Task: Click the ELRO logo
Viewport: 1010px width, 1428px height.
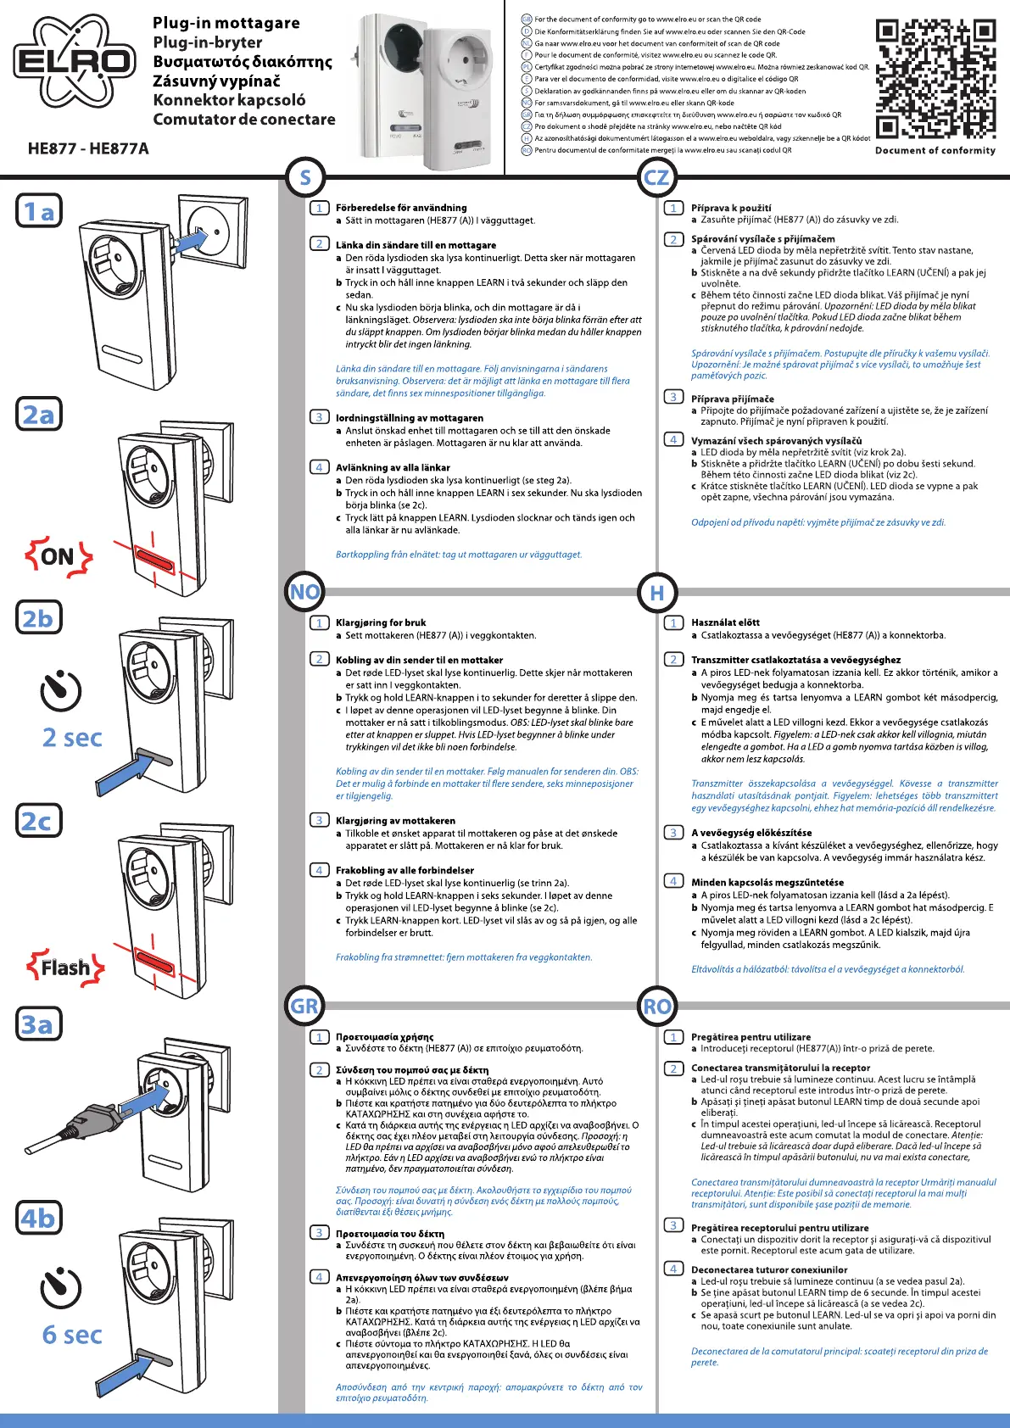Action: pos(75,60)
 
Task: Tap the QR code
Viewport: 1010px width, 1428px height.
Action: pos(935,80)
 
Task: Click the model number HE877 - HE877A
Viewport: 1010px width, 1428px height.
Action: pos(88,149)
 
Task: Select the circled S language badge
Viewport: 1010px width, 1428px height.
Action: pos(305,177)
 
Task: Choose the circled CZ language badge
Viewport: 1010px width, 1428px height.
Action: pos(656,177)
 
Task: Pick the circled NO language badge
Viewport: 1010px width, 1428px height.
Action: pos(305,592)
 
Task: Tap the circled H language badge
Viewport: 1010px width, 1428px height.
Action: pos(656,592)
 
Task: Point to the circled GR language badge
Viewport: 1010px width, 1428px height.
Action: pos(305,1007)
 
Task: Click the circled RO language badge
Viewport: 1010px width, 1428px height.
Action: pos(656,1007)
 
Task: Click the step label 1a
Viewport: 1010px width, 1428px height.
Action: pos(39,211)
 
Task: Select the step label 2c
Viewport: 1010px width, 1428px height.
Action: pos(39,821)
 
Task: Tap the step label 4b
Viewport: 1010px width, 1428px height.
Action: pos(39,1219)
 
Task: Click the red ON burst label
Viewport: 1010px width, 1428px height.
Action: pos(58,556)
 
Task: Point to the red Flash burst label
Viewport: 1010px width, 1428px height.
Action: pos(65,967)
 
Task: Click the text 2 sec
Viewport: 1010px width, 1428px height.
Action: pos(72,738)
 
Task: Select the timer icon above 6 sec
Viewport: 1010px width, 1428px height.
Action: pos(61,1287)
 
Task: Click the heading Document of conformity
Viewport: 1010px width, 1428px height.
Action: pos(935,150)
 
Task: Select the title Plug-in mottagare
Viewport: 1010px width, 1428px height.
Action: pos(226,23)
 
